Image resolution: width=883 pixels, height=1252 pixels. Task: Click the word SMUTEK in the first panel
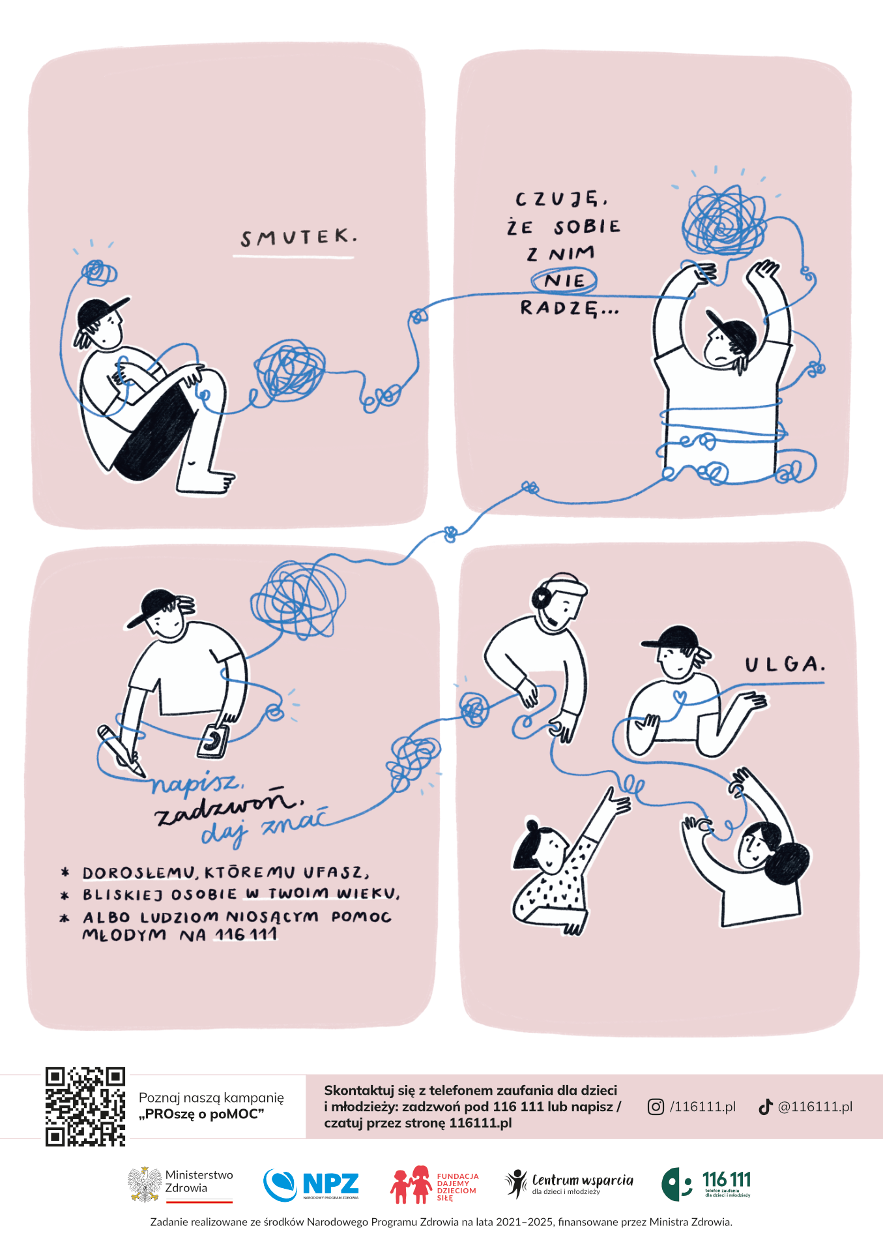pos(298,237)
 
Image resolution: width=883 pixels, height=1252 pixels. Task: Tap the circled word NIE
pos(564,281)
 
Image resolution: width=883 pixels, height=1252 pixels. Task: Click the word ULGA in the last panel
pos(785,664)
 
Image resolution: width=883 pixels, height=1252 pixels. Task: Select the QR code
pos(85,1107)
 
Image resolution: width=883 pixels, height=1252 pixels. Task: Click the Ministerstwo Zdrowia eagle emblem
pos(144,1184)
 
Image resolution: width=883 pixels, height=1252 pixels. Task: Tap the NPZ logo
pos(311,1184)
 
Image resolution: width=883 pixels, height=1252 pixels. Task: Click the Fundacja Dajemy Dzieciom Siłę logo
pos(434,1184)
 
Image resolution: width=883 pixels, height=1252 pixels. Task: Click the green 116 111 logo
pos(706,1184)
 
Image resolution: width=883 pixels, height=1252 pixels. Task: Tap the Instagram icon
pos(656,1107)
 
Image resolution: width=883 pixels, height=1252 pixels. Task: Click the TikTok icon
pos(766,1107)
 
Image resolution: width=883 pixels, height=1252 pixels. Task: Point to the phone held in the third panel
pos(213,741)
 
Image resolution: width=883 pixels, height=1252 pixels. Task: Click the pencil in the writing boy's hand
pos(121,751)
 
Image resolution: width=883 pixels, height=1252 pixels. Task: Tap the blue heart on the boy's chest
pos(680,696)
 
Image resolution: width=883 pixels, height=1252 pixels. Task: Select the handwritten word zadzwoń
pos(229,805)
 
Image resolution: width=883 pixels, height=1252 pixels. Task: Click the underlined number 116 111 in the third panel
pos(246,934)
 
